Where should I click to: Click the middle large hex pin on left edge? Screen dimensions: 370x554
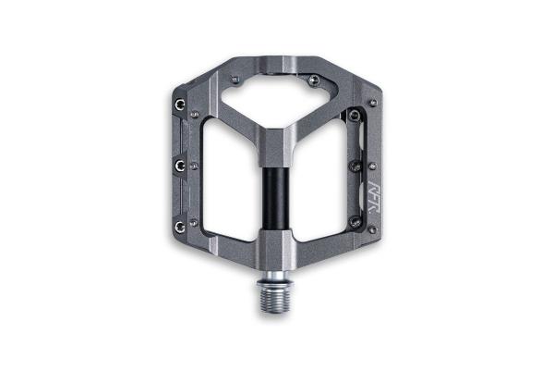point(179,165)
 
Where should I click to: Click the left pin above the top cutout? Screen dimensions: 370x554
point(236,80)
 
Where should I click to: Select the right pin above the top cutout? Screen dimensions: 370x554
point(318,80)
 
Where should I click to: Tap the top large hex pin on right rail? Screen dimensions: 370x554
point(354,116)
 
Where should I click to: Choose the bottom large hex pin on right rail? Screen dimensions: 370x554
point(355,219)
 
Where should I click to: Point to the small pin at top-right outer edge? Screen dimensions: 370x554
point(372,102)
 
